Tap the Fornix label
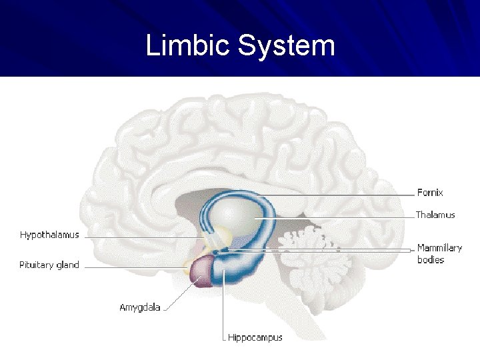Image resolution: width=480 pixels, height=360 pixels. (430, 193)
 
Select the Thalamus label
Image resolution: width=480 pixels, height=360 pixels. (435, 215)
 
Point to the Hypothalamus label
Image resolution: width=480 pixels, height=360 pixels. (49, 235)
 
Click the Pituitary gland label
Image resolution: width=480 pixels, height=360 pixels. (49, 265)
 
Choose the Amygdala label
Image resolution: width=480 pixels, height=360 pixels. (139, 307)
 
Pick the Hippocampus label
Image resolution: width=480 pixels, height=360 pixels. (255, 337)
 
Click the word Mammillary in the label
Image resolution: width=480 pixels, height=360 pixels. (439, 248)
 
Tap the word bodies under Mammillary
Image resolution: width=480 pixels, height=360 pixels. (431, 259)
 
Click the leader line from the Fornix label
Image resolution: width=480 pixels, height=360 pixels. (333, 194)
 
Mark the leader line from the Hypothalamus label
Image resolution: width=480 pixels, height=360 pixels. (140, 237)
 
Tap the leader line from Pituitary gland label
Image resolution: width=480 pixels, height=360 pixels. (133, 267)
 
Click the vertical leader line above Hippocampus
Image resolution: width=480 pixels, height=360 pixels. (224, 307)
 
